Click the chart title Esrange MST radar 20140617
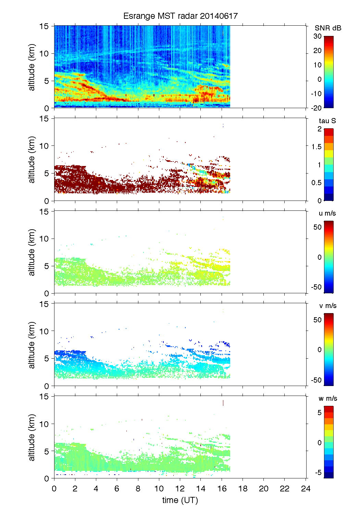(x=180, y=16)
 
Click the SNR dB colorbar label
(x=328, y=28)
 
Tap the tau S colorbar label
(x=327, y=121)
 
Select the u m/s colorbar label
(x=327, y=213)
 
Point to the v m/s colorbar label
(x=327, y=306)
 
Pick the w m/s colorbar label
(x=327, y=398)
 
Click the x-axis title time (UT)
(x=180, y=500)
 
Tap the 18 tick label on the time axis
(x=243, y=488)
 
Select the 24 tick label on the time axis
(x=306, y=488)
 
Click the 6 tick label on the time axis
(x=117, y=488)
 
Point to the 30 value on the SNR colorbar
(x=318, y=36)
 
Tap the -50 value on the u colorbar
(x=316, y=287)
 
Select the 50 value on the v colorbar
(x=318, y=320)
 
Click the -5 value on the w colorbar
(x=318, y=473)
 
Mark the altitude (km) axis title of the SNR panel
(x=32, y=67)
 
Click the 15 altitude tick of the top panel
(x=44, y=26)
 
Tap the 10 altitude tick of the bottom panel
(x=44, y=424)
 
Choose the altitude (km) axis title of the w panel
(x=32, y=437)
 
